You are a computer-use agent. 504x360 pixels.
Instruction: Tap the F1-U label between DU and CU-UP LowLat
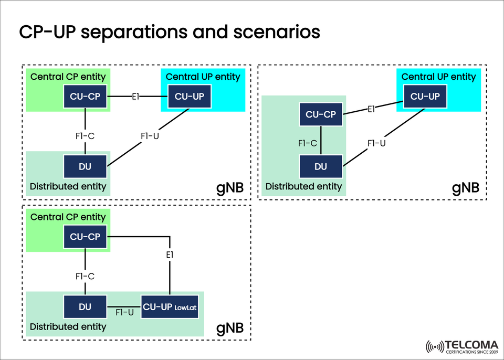click(x=124, y=312)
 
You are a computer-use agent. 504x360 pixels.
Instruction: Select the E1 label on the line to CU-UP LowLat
click(x=169, y=255)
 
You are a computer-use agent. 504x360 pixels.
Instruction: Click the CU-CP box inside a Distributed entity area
click(x=320, y=114)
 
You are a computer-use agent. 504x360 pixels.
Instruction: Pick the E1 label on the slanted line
click(x=372, y=109)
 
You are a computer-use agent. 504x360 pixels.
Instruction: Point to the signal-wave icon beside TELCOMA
click(x=434, y=347)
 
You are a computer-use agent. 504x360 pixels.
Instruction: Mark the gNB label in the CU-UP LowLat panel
click(x=230, y=329)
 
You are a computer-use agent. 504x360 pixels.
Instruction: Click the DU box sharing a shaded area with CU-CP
click(x=320, y=166)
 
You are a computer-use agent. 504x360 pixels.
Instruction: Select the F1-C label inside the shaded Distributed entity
click(x=308, y=143)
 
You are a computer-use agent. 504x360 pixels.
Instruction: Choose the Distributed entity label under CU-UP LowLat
click(x=68, y=327)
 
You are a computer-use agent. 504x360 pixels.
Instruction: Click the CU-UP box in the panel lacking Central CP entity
click(x=425, y=97)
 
